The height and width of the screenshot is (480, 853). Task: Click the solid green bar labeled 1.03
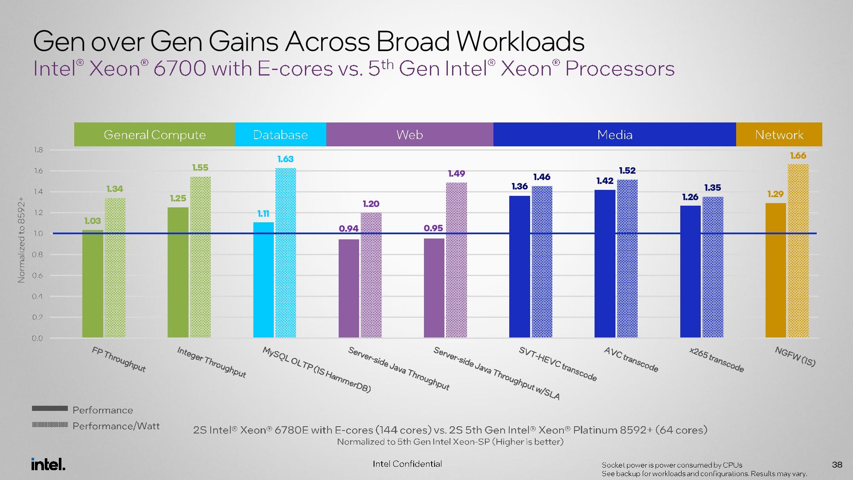point(93,284)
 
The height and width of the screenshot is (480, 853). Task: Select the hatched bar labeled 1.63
point(286,253)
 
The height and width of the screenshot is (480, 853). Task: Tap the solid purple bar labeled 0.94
point(349,288)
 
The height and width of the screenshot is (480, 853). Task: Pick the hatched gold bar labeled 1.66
point(798,251)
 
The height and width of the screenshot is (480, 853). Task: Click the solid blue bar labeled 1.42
point(605,264)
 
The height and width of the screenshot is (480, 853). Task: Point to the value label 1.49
point(456,174)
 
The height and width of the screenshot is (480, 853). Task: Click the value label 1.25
point(178,198)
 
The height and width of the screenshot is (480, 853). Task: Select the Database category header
point(281,135)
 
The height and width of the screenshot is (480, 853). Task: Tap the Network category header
point(779,135)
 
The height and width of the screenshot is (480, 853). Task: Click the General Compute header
point(154,135)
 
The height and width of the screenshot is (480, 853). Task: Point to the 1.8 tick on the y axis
point(38,150)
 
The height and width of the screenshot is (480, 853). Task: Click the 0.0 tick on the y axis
point(38,338)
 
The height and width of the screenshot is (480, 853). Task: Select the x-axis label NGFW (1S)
point(795,357)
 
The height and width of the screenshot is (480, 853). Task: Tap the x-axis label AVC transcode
point(631,359)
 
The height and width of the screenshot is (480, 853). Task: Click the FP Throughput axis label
point(119,359)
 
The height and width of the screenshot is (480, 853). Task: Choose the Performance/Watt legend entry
point(96,426)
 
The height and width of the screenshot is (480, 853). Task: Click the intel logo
point(48,464)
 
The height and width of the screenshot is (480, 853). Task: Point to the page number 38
point(837,465)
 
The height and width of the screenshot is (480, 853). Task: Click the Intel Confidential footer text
point(407,464)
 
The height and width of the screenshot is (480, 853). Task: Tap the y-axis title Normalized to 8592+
point(21,240)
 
